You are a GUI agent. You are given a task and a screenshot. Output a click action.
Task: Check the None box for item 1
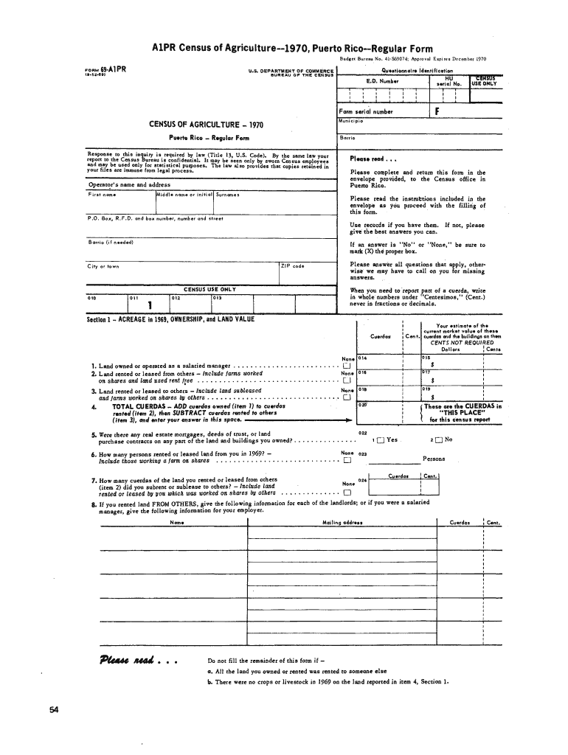coord(346,366)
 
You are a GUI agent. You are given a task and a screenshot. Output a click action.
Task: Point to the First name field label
coord(100,195)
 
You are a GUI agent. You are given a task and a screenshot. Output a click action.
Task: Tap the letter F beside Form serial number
coord(438,112)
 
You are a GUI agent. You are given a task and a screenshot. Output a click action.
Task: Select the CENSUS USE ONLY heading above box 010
coord(209,289)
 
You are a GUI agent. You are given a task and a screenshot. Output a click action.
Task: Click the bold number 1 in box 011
coord(150,305)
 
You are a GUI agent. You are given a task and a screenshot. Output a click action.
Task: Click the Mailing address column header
coord(342,523)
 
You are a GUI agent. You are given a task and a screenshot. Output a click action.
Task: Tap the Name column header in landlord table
coord(177,523)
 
